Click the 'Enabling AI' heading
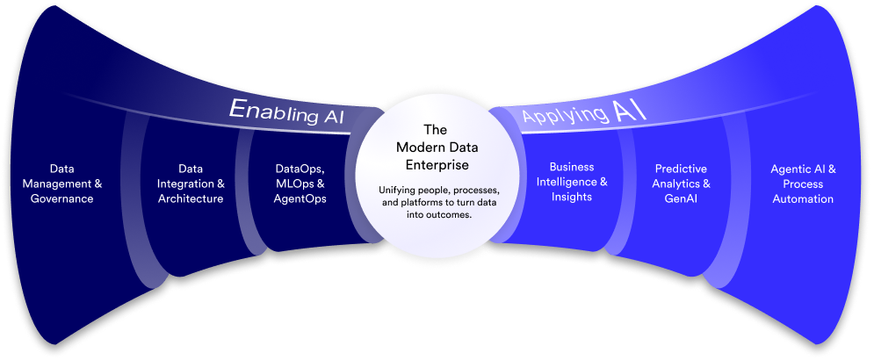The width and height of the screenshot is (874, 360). (286, 112)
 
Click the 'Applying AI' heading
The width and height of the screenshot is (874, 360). (584, 112)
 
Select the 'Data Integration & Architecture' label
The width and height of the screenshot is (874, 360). (190, 184)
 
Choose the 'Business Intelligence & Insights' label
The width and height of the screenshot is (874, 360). (571, 182)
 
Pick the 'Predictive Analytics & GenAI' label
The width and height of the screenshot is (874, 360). (682, 184)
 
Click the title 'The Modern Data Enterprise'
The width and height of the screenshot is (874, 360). (437, 147)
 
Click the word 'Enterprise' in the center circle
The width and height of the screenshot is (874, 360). (437, 164)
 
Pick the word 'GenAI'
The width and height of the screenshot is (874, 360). (682, 199)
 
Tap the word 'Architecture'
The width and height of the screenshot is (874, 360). (190, 199)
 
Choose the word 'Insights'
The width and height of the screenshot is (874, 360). (571, 198)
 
